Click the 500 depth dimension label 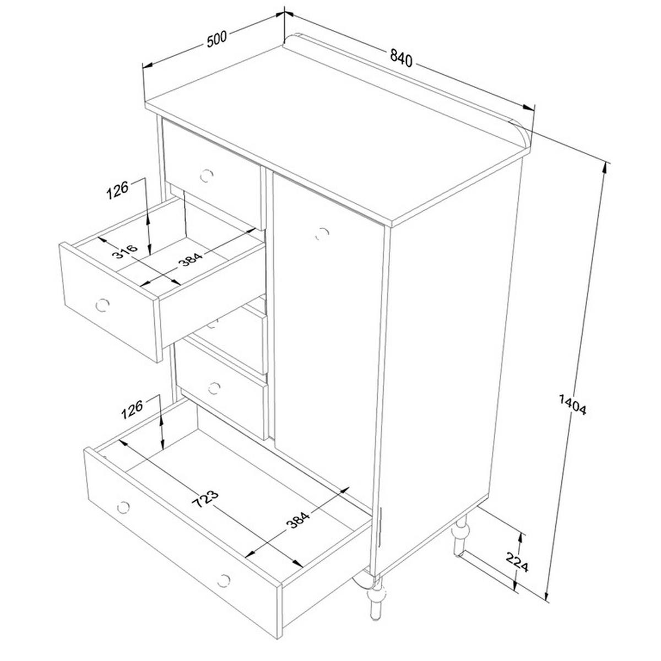point(217,39)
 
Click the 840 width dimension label point(401,58)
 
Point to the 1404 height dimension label point(572,404)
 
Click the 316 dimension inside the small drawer point(125,251)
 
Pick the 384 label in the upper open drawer point(191,259)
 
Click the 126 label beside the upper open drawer point(117,189)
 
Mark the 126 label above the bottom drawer point(132,409)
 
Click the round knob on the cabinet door point(322,234)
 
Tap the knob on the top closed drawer point(207,176)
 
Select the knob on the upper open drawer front point(102,305)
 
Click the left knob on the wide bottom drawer point(123,507)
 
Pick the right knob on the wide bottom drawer point(223,581)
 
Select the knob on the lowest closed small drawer point(214,388)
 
